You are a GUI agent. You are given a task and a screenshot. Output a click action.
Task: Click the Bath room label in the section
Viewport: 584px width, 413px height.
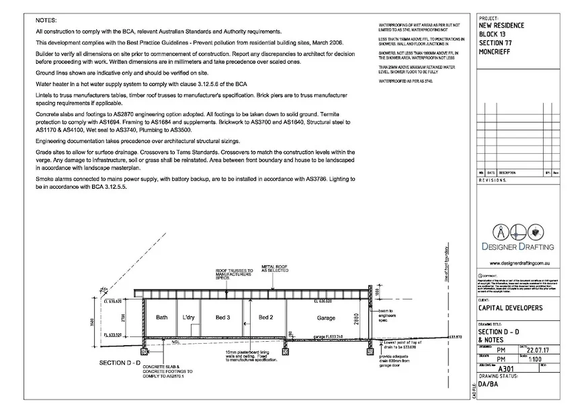click(161, 317)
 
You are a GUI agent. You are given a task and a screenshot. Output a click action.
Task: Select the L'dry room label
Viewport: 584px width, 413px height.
click(188, 317)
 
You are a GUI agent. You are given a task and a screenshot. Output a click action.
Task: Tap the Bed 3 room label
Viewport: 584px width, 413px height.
click(224, 317)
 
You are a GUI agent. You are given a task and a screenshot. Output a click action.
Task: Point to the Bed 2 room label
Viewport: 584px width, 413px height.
click(266, 317)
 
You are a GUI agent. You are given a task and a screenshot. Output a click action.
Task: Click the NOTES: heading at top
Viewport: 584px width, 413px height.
click(46, 21)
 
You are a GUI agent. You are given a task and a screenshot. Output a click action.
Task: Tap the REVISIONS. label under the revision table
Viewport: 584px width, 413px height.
click(493, 180)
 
